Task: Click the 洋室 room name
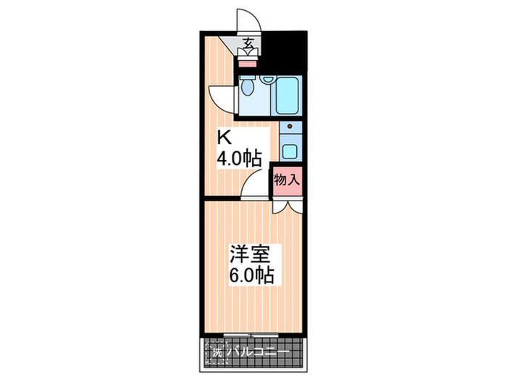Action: click(x=250, y=255)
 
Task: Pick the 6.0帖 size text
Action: click(x=250, y=276)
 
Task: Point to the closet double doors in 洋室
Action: click(x=286, y=205)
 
